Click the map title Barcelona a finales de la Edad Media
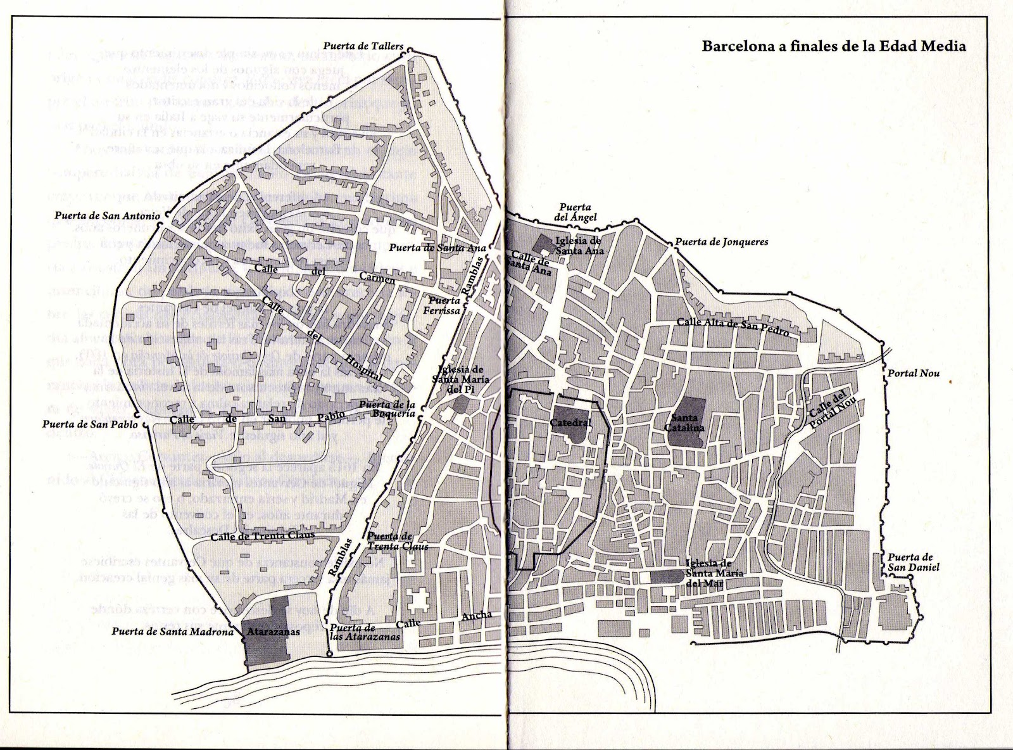pyautogui.click(x=834, y=47)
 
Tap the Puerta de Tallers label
pyautogui.click(x=363, y=46)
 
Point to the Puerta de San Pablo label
pyautogui.click(x=89, y=424)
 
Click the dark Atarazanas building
pyautogui.click(x=265, y=630)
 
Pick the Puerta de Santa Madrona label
pyautogui.click(x=175, y=631)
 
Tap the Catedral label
pyautogui.click(x=570, y=423)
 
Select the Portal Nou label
pyautogui.click(x=912, y=373)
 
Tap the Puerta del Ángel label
pyautogui.click(x=575, y=212)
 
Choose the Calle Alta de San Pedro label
pyautogui.click(x=733, y=327)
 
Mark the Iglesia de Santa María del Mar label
pyautogui.click(x=714, y=573)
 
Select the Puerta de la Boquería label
pyautogui.click(x=387, y=409)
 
